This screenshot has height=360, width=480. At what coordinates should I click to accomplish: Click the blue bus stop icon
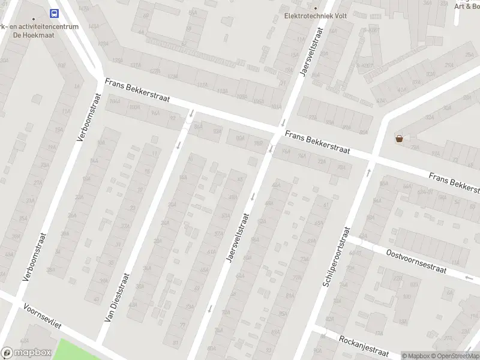[54, 13]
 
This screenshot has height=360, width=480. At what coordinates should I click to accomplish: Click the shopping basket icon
[399, 139]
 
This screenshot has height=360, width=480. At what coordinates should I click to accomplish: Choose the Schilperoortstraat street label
[335, 256]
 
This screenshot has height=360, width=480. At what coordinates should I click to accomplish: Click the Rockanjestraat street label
[364, 345]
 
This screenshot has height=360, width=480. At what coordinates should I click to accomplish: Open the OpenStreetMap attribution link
[454, 356]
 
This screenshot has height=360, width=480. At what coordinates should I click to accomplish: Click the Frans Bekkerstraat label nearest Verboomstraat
[137, 91]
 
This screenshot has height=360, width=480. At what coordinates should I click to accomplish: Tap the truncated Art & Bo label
[466, 6]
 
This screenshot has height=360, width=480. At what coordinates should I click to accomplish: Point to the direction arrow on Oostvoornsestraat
[469, 278]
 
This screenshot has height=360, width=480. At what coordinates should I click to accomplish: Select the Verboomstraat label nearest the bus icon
[89, 117]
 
